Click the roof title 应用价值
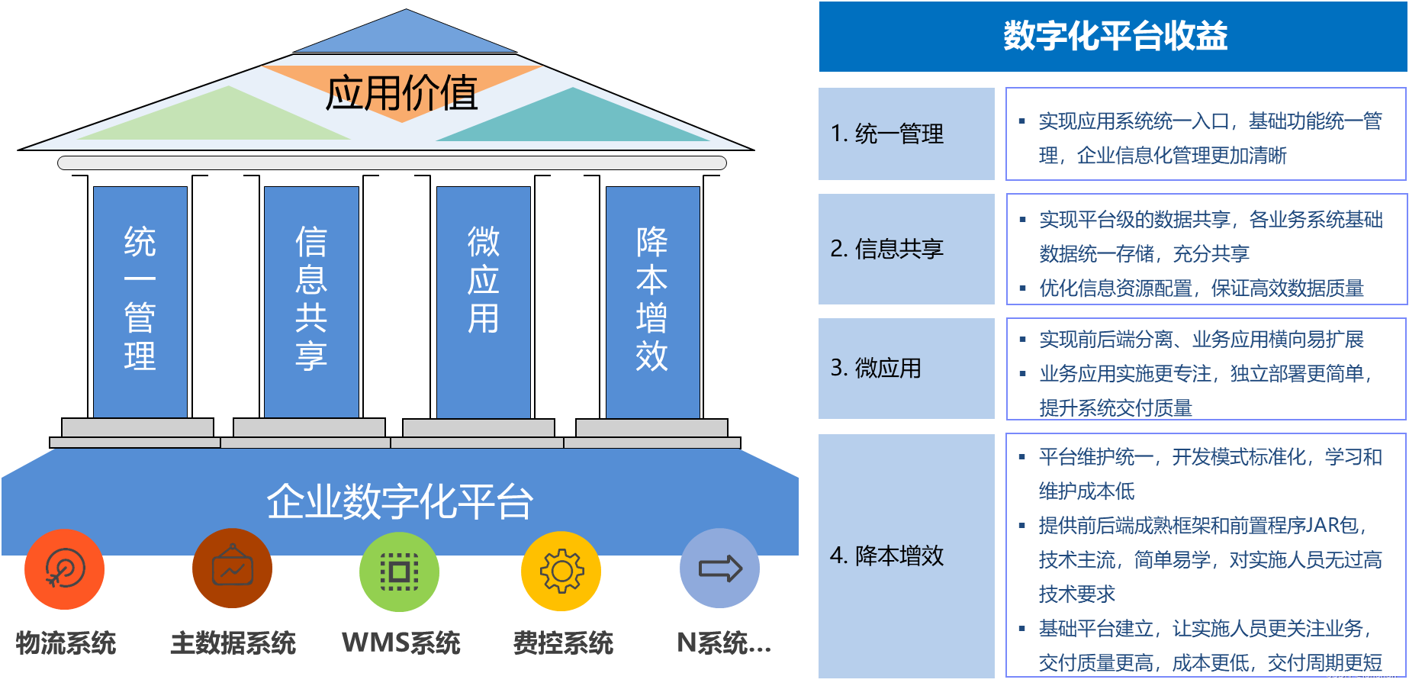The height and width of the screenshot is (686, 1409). click(x=401, y=93)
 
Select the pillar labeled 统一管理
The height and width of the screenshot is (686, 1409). click(x=140, y=301)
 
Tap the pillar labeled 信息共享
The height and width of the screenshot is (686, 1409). click(x=311, y=301)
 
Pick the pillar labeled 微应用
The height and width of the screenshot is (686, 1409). click(x=483, y=301)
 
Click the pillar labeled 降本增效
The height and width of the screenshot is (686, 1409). click(x=652, y=301)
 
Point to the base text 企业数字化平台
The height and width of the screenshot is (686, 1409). click(x=400, y=501)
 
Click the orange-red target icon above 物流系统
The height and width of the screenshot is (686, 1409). click(x=65, y=569)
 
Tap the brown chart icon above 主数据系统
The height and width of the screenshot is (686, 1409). click(x=232, y=568)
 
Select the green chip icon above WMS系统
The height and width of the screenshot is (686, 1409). click(x=399, y=572)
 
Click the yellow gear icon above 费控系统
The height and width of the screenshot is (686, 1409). click(x=561, y=571)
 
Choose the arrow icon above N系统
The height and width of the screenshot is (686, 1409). click(x=719, y=568)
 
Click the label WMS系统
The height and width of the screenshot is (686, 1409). click(x=401, y=643)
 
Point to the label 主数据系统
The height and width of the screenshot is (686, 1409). click(x=233, y=643)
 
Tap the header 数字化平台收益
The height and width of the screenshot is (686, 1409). click(x=1114, y=37)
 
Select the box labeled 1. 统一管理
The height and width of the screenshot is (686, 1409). click(x=906, y=134)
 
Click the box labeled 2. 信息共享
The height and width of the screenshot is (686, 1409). click(x=906, y=249)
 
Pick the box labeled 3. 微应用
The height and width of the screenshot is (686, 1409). click(x=906, y=369)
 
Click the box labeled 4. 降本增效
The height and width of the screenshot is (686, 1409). click(x=906, y=556)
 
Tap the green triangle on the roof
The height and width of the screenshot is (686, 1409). click(x=221, y=118)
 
